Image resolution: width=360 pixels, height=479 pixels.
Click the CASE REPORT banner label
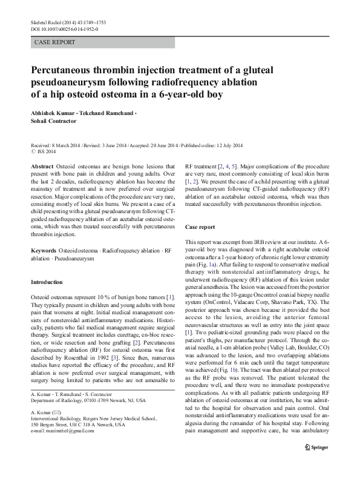coord(55,42)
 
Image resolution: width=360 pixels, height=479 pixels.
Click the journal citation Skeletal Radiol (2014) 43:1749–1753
coord(69,22)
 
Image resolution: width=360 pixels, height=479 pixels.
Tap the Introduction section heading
coord(46,282)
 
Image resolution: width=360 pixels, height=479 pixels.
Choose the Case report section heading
coord(200,227)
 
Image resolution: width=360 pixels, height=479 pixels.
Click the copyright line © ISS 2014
coord(46,151)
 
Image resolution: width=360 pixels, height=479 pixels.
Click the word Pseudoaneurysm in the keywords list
coord(57,258)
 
